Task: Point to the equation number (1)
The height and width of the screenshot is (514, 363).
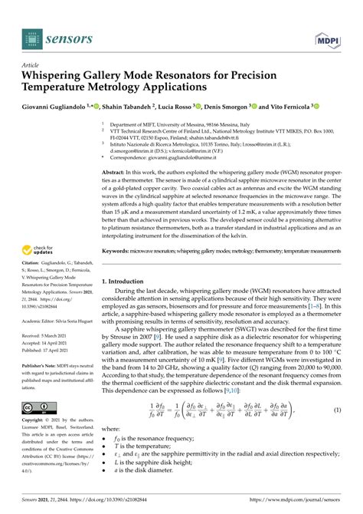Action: tap(336, 432)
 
